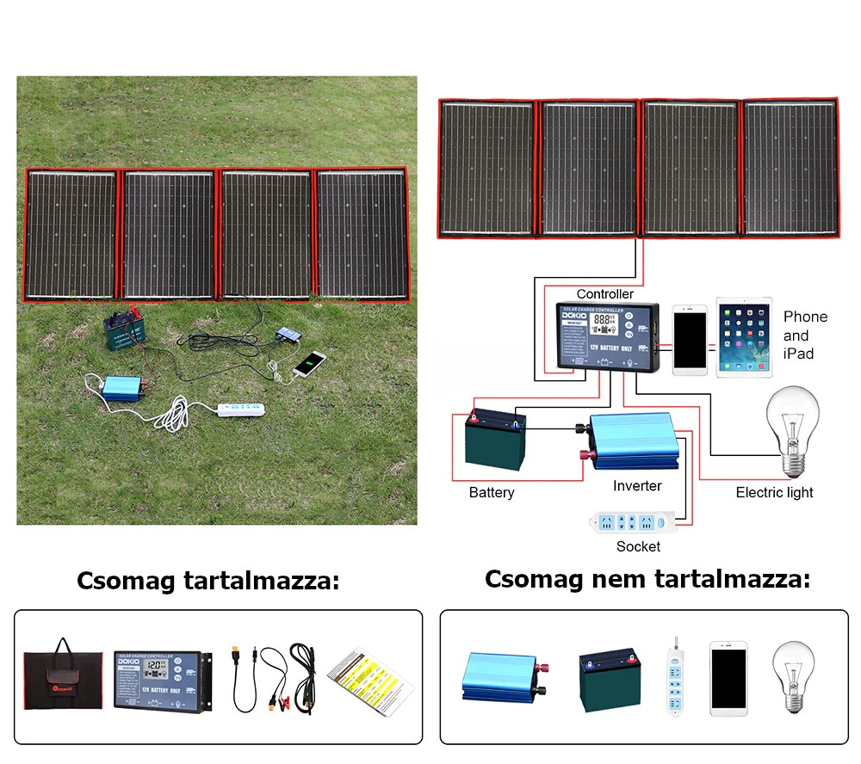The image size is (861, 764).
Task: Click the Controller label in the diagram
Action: tap(604, 294)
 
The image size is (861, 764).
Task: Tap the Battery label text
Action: tap(492, 492)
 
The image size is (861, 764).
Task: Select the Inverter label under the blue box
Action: tap(637, 486)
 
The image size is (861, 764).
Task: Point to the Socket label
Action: tap(638, 546)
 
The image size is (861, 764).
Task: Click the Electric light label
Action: tap(774, 492)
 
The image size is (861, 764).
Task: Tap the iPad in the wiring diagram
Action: tap(745, 336)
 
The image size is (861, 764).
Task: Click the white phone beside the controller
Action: tap(690, 339)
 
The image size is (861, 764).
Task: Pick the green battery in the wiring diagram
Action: tap(495, 440)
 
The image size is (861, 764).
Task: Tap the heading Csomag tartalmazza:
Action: tap(208, 581)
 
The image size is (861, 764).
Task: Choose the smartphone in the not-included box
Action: tap(728, 678)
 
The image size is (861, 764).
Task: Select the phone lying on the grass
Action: tap(309, 364)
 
